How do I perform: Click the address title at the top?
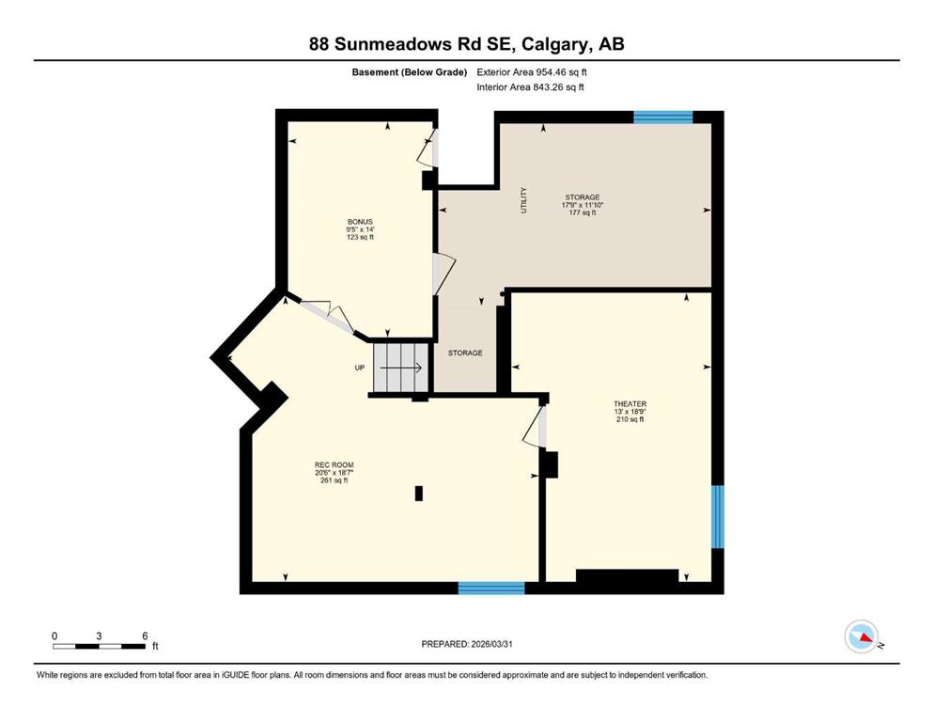click(x=466, y=44)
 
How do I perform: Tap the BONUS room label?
click(x=360, y=229)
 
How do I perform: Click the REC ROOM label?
click(x=334, y=472)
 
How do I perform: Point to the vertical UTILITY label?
click(x=524, y=200)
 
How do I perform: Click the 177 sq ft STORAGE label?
click(x=582, y=205)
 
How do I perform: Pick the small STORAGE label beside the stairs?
click(x=465, y=353)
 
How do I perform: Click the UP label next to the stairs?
click(x=359, y=368)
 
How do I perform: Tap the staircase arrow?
click(x=402, y=369)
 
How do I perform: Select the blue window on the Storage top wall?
click(x=662, y=118)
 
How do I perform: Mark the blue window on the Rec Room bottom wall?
click(x=490, y=589)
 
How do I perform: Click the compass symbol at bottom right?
click(x=861, y=637)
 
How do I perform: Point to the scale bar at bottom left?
click(x=99, y=646)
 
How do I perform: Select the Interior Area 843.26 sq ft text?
click(x=530, y=87)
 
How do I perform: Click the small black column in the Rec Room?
click(x=419, y=493)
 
